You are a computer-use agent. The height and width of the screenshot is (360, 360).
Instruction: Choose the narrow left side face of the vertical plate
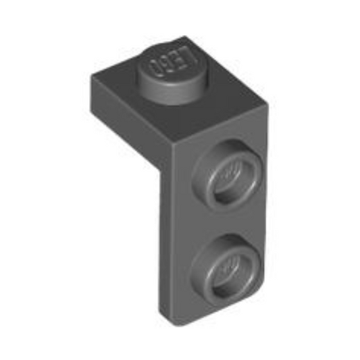(x=166, y=236)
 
